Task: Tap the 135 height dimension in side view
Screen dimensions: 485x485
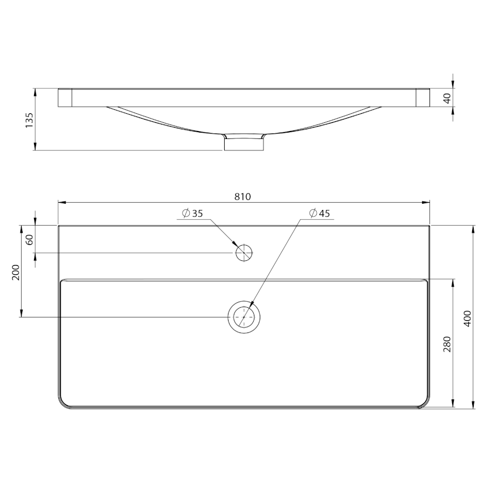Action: (29, 120)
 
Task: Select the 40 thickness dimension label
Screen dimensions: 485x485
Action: (447, 99)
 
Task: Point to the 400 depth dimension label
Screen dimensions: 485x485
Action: (467, 318)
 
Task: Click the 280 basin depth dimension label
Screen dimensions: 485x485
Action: (447, 344)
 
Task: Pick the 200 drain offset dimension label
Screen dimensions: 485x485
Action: (16, 272)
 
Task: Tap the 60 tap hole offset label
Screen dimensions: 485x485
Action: (29, 240)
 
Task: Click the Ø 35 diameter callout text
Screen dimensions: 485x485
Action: (192, 213)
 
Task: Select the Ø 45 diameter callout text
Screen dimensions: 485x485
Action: (320, 213)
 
